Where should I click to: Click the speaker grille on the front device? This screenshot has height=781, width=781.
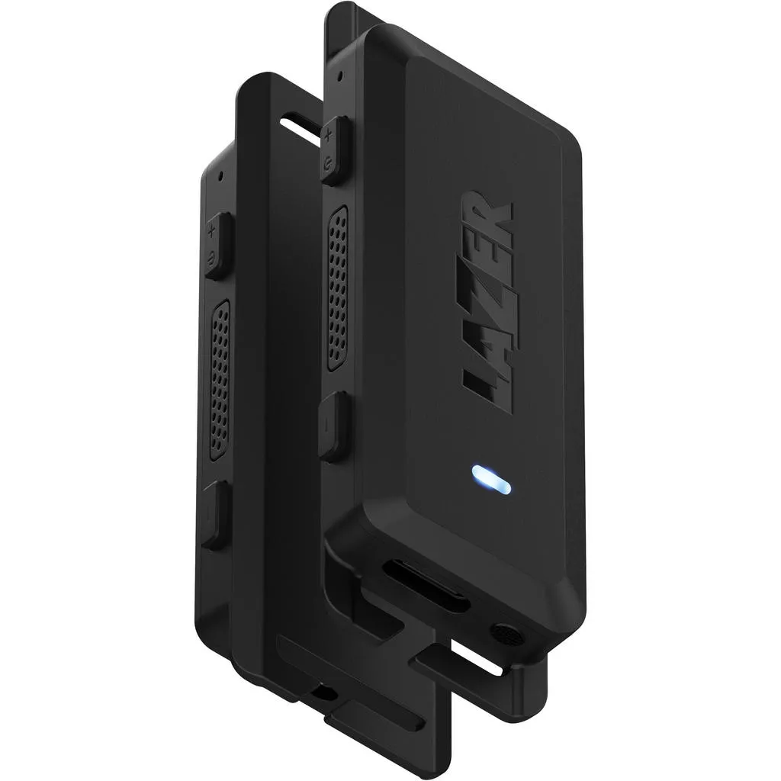(336, 287)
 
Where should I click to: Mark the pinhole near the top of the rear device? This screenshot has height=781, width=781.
(221, 174)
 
